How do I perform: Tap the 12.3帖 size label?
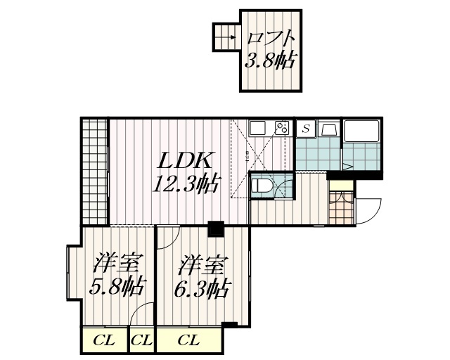[x=185, y=185]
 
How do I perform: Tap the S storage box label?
[x=306, y=129]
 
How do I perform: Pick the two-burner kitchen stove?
[x=281, y=128]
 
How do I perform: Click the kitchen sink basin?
[x=258, y=128]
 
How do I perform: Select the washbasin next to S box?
[x=328, y=129]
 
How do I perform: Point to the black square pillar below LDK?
[x=215, y=228]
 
